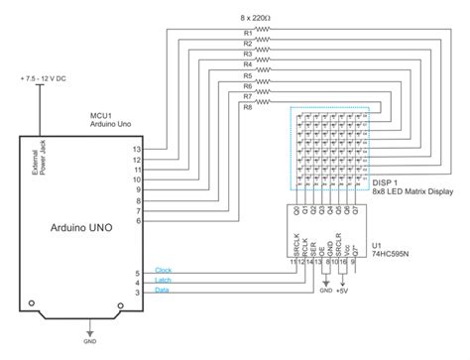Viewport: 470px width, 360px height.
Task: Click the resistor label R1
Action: tap(247, 34)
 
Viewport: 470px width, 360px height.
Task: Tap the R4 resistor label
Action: tap(247, 63)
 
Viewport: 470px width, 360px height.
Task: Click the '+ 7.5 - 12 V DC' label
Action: tap(46, 77)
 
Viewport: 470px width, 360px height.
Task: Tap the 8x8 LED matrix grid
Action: tap(332, 147)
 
